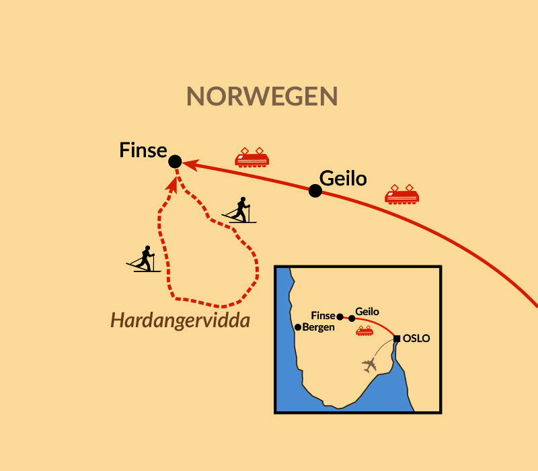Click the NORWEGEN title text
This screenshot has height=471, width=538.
click(x=262, y=97)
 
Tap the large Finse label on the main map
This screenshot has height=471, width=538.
click(x=143, y=150)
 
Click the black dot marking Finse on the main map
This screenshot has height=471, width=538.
click(x=175, y=161)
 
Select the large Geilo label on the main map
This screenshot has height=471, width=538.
click(x=343, y=179)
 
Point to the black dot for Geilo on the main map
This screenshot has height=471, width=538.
click(x=315, y=191)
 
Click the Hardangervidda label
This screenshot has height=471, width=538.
click(x=180, y=320)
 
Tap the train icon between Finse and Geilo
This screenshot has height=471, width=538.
click(x=252, y=157)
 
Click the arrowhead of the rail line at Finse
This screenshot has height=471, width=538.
click(x=189, y=163)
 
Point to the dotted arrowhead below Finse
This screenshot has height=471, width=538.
click(x=173, y=183)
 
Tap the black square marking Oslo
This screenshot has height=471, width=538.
click(x=397, y=338)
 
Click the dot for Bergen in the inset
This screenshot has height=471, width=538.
click(x=298, y=327)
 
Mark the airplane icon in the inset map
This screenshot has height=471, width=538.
click(x=369, y=365)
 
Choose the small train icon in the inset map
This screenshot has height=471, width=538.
click(x=365, y=331)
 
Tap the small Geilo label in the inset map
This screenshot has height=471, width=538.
click(x=367, y=312)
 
